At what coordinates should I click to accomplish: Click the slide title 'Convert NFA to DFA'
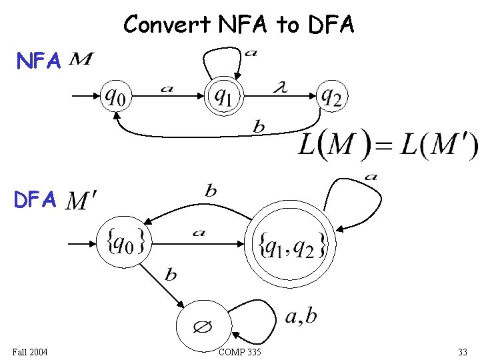click(239, 25)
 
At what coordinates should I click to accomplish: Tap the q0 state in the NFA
click(115, 97)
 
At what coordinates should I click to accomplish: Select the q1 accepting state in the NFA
click(223, 97)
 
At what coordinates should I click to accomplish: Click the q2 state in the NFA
click(331, 97)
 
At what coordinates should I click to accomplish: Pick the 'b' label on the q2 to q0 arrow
click(259, 127)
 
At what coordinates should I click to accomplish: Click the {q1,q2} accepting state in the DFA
click(291, 245)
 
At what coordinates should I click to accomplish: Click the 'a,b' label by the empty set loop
click(301, 317)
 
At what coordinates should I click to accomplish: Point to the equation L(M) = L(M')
click(387, 145)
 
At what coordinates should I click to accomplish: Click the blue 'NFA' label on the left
click(39, 62)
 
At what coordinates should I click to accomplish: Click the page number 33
click(462, 352)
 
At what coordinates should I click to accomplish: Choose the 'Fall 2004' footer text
click(30, 352)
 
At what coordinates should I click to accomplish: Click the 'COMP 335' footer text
click(240, 352)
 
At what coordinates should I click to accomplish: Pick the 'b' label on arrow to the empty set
click(171, 275)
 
